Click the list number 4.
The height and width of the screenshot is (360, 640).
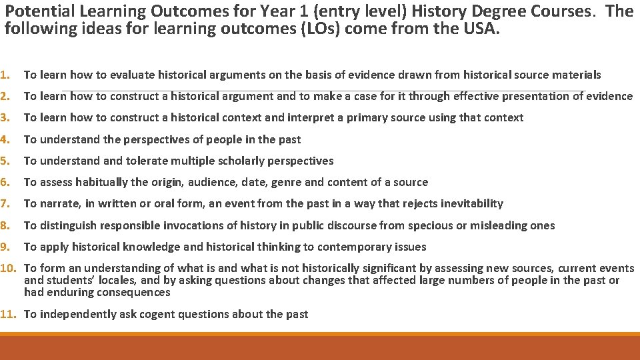5,139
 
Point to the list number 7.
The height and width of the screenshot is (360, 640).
5,203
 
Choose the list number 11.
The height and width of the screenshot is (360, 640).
9,314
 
